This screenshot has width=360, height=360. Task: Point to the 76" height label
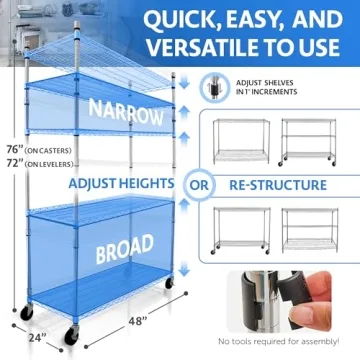point(11,152)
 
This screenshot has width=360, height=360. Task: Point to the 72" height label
point(11,165)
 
